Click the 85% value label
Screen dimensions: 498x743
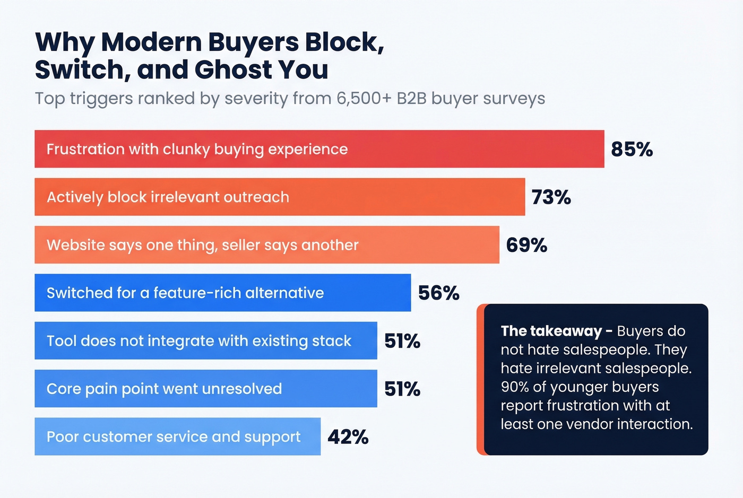coord(632,150)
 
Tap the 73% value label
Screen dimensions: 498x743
coord(551,197)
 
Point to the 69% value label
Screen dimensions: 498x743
coord(526,245)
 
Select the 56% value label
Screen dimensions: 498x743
coord(438,293)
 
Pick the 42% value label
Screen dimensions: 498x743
coord(348,437)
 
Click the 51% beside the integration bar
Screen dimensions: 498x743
coord(402,341)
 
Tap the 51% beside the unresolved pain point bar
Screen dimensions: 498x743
coord(402,389)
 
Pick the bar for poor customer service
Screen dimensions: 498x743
coord(177,436)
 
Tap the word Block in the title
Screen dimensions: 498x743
coord(342,42)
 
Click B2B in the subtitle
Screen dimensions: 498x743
coord(411,99)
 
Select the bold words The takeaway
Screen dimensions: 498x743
coord(550,331)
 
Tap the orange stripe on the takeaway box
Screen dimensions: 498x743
coord(480,379)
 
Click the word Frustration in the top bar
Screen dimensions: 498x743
coord(85,149)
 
